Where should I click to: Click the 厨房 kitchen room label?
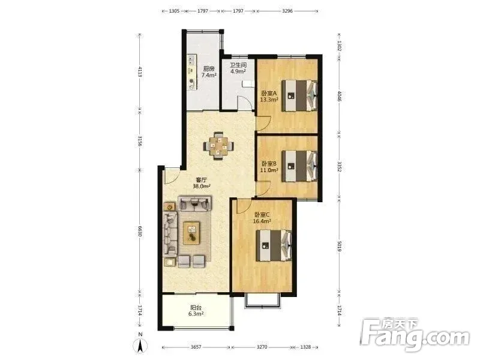point(209,68)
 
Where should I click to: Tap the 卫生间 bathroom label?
point(238,65)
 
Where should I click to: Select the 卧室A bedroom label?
point(269,93)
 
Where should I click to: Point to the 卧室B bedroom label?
point(269,164)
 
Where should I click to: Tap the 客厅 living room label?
point(202,179)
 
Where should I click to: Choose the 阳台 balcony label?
point(196,307)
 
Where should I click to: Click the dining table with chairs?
point(218,146)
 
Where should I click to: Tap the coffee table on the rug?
point(191,233)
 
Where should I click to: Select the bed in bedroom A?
point(299,95)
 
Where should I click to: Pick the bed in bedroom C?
point(274,245)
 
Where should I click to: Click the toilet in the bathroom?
point(248,83)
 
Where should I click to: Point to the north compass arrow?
point(140,346)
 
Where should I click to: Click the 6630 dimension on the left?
point(140,231)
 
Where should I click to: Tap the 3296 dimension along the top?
point(287,11)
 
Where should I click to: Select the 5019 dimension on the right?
point(339,247)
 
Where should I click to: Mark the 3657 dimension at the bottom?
point(196,347)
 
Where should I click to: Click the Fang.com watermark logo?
point(414,335)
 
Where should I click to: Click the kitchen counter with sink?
point(192,72)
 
